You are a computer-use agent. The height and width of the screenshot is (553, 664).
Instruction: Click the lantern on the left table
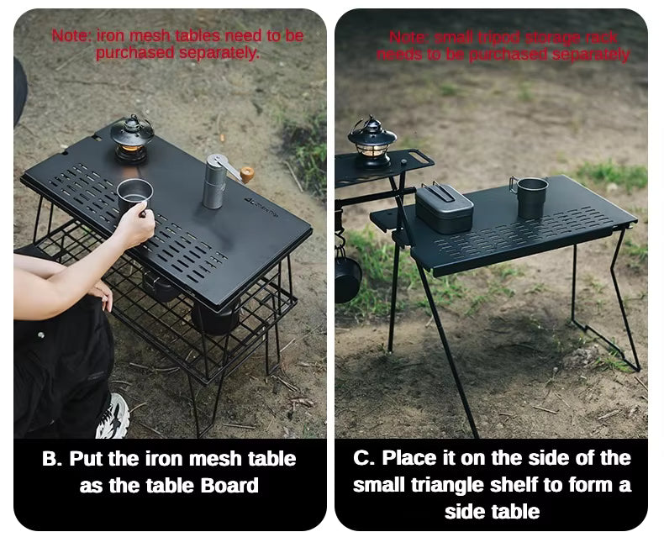pyautogui.click(x=132, y=139)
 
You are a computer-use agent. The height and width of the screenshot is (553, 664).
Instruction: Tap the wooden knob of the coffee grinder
pyautogui.click(x=247, y=174)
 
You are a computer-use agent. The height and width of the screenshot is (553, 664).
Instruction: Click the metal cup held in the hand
pyautogui.click(x=134, y=195)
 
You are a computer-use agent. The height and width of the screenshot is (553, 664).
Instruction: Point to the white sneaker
pyautogui.click(x=113, y=416)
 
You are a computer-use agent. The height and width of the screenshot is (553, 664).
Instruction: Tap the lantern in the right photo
pyautogui.click(x=372, y=143)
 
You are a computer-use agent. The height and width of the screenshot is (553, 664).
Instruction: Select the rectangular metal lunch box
pyautogui.click(x=445, y=208)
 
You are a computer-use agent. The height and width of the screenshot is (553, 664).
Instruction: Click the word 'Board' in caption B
pyautogui.click(x=229, y=486)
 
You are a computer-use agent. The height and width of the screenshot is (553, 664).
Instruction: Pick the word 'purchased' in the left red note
pyautogui.click(x=135, y=53)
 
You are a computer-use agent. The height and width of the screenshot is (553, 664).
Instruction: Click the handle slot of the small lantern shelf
pyautogui.click(x=419, y=157)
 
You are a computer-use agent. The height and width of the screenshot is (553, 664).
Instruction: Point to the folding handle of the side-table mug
pyautogui.click(x=514, y=185)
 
